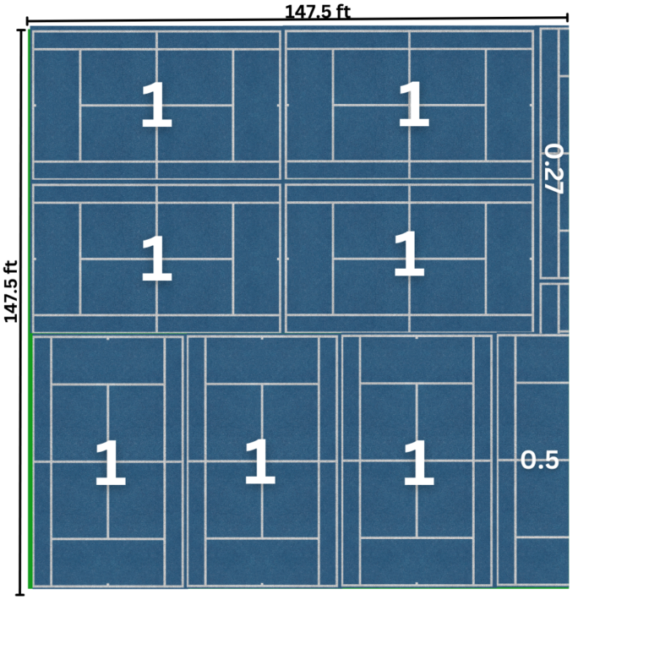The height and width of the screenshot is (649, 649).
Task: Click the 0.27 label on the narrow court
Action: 553,169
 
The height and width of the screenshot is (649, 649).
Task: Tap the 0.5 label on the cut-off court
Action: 539,461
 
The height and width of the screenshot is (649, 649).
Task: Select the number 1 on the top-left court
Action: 156,106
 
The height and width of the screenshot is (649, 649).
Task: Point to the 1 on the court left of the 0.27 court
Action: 412,106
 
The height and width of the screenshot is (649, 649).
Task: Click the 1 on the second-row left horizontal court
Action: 156,259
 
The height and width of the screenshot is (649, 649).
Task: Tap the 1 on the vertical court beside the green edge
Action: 109,464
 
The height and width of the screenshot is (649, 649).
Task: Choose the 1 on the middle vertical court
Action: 259,462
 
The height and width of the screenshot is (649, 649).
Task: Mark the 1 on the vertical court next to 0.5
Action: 417,464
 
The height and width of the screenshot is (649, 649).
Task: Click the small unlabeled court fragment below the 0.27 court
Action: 554,308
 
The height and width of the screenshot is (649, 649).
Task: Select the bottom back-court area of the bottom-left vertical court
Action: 108,561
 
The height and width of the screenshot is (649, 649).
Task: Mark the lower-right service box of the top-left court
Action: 194,133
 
